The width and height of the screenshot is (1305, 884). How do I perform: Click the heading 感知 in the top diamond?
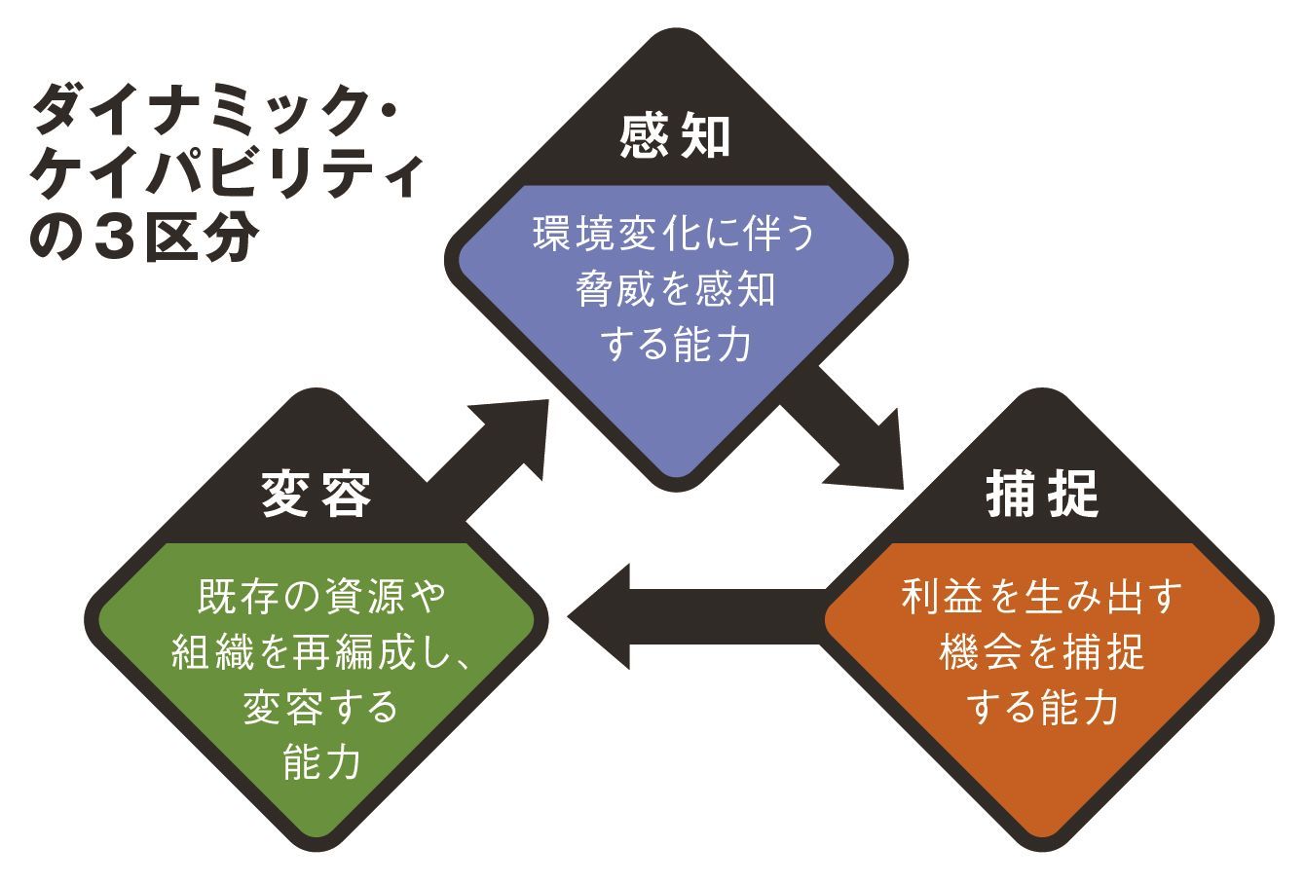[674, 137]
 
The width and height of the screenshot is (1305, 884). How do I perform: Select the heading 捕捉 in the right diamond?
[1043, 496]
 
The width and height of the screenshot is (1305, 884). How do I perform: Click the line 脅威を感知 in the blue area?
[674, 290]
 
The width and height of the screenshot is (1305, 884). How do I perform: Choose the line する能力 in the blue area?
[674, 344]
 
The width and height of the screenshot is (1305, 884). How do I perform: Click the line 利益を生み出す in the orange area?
[1042, 596]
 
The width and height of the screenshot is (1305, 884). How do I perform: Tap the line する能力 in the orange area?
[1042, 708]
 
